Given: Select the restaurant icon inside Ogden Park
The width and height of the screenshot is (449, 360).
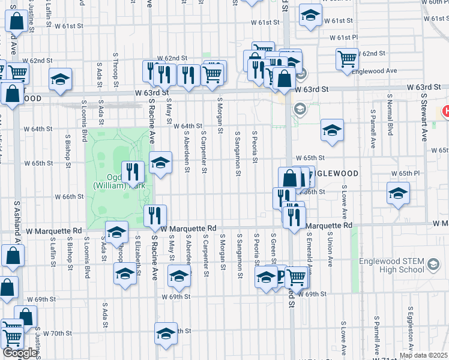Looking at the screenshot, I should [x=133, y=173].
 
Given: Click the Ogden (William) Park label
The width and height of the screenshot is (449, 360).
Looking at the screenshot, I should [x=120, y=181].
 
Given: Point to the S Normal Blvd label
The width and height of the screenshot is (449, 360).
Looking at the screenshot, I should [x=390, y=114].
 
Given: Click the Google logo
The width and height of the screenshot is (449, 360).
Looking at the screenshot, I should [x=20, y=353].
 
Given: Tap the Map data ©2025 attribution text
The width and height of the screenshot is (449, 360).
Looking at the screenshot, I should [x=423, y=355].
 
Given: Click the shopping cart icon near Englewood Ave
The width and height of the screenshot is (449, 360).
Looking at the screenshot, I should [x=347, y=59].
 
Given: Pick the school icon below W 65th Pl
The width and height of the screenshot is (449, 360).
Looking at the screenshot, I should [x=398, y=193].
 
